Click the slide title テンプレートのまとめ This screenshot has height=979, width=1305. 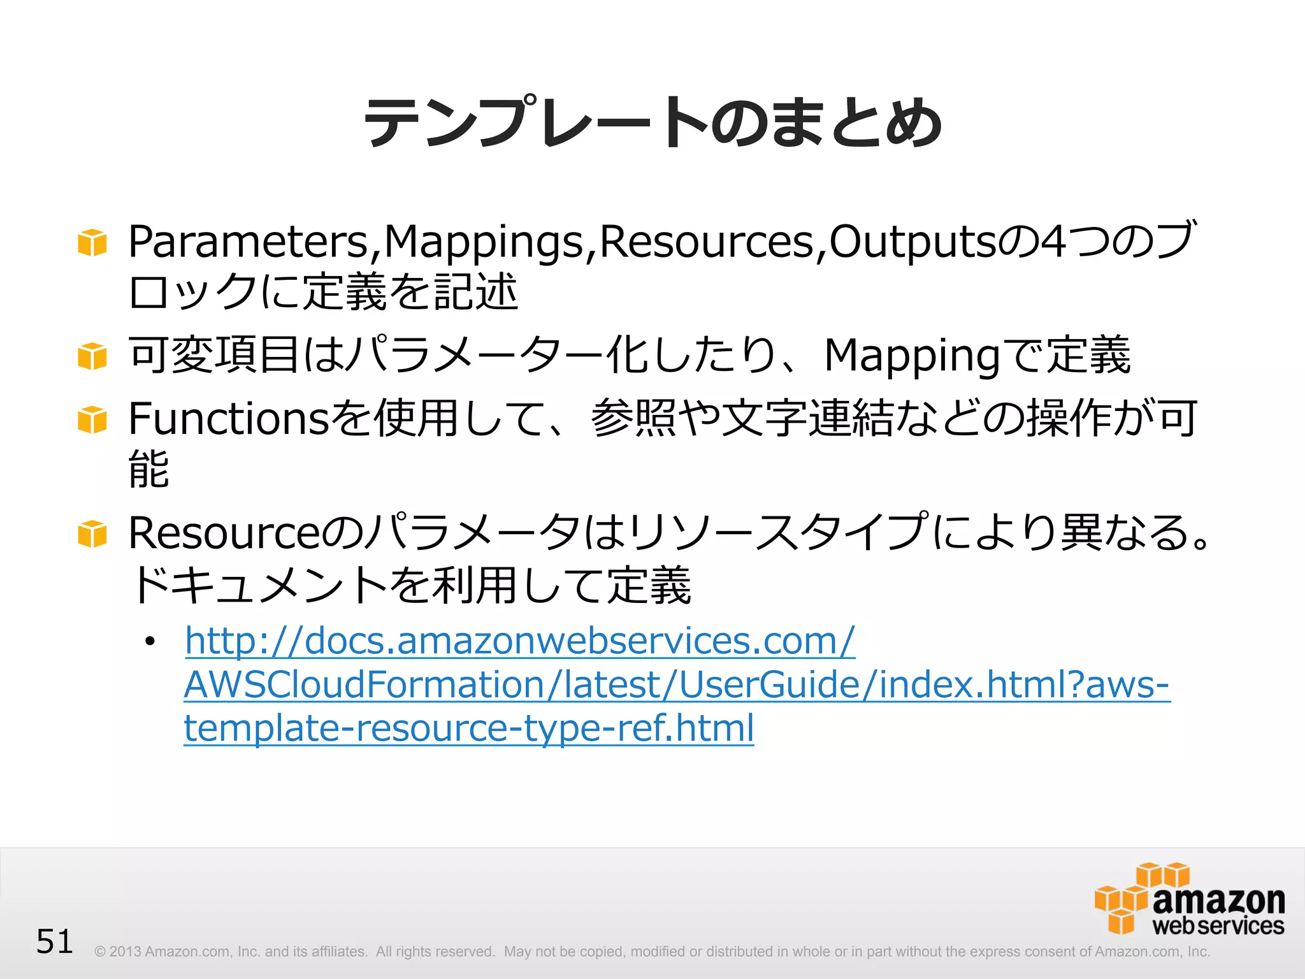652,122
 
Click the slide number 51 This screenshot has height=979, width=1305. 55,941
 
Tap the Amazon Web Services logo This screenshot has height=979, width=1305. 1189,899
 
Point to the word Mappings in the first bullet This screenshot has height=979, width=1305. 484,243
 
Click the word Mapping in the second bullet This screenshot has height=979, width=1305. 911,356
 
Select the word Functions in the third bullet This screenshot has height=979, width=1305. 228,419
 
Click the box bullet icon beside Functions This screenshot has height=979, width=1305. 92,420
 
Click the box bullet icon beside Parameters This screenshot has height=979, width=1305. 92,243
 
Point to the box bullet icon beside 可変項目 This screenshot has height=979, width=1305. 92,356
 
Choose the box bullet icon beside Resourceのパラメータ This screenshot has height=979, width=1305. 92,534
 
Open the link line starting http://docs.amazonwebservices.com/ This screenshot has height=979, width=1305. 519,641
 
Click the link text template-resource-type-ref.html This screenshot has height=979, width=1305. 468,728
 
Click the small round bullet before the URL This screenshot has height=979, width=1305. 150,641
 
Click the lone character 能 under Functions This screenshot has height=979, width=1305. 148,469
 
